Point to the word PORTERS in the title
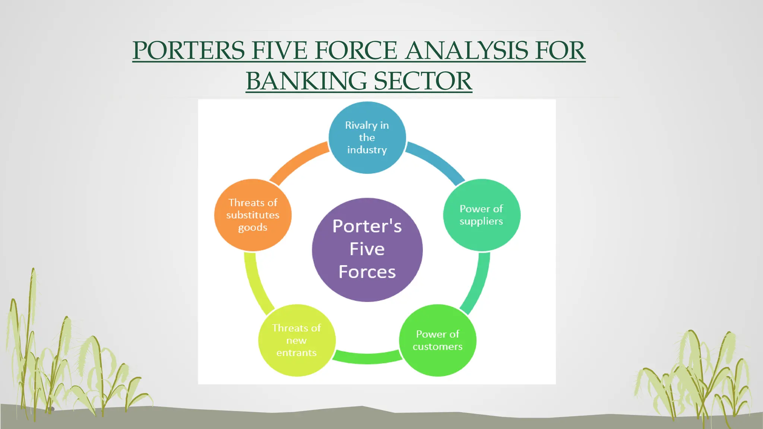[189, 50]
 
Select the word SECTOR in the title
[423, 81]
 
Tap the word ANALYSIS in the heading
[466, 50]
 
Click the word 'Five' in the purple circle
[367, 249]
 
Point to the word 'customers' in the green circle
[437, 347]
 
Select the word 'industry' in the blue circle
[367, 150]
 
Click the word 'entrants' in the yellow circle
[297, 353]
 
